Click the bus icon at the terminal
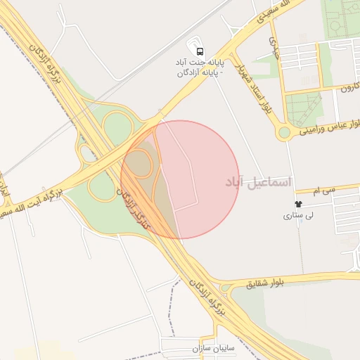pos(200,51)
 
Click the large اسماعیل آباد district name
pos(257,182)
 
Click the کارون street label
pos(350,89)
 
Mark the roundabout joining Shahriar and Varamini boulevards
pos(285,132)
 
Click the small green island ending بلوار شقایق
pos(224,288)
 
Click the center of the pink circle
pos(180,179)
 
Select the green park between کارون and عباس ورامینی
pos(304,109)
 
